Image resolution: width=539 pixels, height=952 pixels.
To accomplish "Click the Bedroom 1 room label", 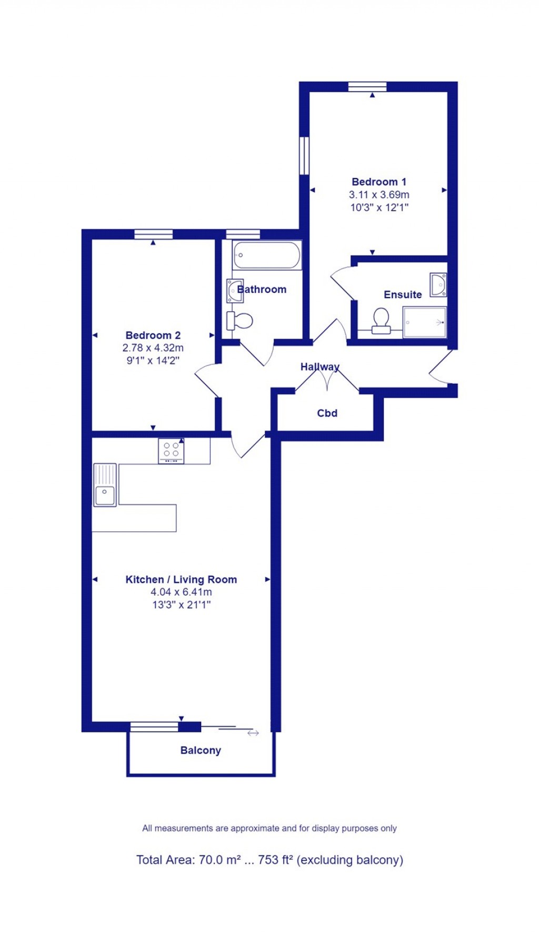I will point(378,182).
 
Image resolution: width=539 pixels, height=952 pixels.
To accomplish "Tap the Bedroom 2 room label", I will point(153,335).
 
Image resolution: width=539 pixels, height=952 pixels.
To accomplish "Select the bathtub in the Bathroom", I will point(267,255).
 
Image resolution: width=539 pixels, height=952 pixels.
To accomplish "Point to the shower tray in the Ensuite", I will point(424,322).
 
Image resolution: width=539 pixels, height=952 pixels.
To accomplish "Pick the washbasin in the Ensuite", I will point(438,284).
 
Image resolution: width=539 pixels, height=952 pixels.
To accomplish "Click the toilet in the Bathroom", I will point(240,320).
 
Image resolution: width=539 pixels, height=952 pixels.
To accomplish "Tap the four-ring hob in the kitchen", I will point(171,451).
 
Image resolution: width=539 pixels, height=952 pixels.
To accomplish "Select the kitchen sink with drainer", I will point(105,484).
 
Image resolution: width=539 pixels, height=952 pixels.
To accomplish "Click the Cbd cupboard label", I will point(327,413).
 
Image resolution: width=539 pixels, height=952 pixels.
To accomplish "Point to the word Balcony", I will point(201,750).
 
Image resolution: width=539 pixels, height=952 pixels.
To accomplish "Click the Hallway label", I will point(320,366).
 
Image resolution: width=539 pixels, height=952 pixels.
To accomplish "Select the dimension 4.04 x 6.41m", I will point(181,592).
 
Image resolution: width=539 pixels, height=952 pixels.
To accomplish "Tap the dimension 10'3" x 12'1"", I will point(379,207).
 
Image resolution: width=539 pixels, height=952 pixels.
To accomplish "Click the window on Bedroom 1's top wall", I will point(367,87).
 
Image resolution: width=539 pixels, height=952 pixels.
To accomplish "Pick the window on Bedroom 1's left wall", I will point(304,155).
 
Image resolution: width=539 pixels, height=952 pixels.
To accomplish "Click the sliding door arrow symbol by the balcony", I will point(253,733).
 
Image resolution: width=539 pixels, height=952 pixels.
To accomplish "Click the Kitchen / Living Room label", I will point(181,579).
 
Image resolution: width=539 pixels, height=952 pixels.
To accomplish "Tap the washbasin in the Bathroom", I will point(235,291).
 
